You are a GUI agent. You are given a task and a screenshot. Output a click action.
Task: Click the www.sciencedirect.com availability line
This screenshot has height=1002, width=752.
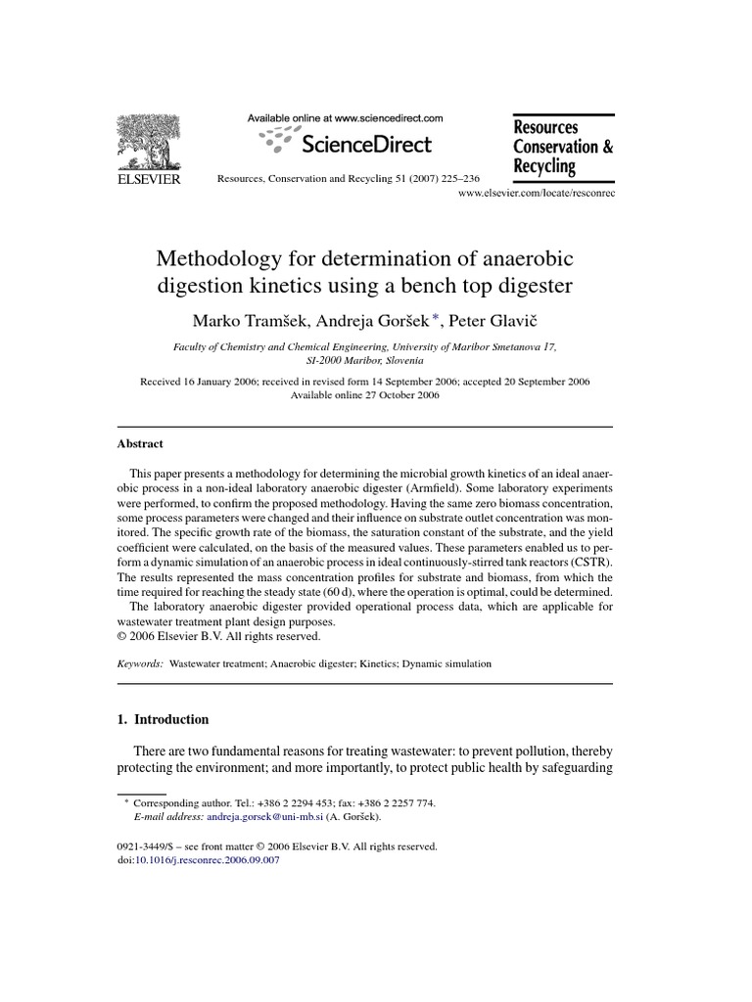pyautogui.click(x=344, y=117)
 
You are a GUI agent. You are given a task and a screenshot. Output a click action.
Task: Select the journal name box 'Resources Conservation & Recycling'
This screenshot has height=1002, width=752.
pyautogui.click(x=562, y=147)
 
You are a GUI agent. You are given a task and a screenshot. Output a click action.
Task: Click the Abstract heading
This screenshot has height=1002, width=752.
pyautogui.click(x=140, y=443)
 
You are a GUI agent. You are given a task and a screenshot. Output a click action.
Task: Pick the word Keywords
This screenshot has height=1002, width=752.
pyautogui.click(x=140, y=663)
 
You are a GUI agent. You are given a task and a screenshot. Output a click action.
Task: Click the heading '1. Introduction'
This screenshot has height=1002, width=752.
pyautogui.click(x=163, y=719)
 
